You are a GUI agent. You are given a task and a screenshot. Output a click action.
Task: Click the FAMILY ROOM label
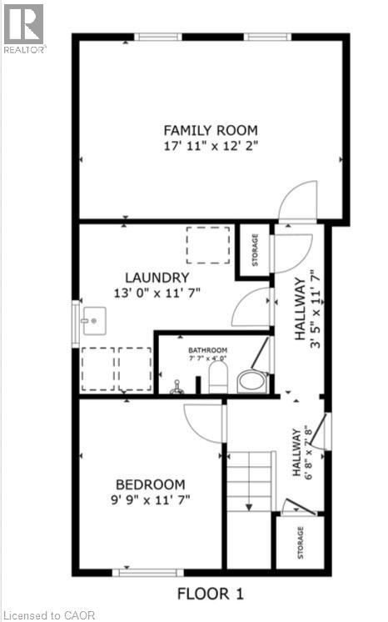coord(210,130)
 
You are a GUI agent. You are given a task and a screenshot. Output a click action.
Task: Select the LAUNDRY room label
coord(157,277)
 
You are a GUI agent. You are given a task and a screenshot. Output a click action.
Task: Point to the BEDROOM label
coord(150,484)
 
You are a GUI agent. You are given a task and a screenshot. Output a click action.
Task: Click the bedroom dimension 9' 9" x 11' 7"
coord(150,500)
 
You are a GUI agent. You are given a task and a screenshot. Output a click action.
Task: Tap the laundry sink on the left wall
coord(92,319)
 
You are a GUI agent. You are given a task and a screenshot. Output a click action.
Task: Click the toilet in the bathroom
coord(218,377)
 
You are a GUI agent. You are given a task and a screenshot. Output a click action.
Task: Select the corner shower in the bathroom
coord(253,374)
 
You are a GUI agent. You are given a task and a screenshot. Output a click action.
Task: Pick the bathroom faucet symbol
coord(176,386)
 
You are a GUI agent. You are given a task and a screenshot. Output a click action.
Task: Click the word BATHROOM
coord(206,350)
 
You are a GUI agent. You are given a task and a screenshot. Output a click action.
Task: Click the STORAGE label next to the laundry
coord(255,248)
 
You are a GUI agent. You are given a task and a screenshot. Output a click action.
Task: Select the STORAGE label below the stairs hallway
coord(300,542)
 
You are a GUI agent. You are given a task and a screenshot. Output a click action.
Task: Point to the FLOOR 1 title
coord(209,594)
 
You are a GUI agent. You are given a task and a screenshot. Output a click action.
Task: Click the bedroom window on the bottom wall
coord(148,573)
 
